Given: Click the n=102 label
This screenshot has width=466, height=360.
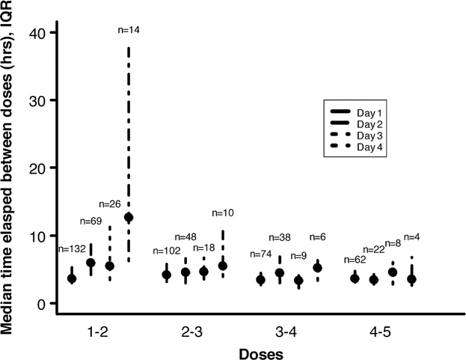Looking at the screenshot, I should [x=167, y=251].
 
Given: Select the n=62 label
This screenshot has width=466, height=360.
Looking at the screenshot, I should [x=357, y=260].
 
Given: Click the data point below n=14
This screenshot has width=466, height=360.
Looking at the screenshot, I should [x=129, y=217].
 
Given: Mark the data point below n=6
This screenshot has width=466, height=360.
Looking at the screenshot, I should [x=317, y=267].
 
